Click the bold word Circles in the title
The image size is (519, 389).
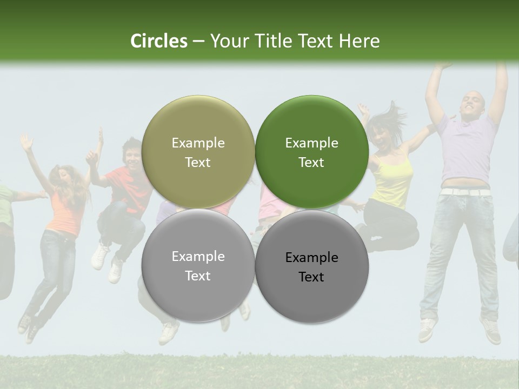(159, 41)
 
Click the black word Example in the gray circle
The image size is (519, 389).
(311, 258)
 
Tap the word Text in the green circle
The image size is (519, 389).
(311, 163)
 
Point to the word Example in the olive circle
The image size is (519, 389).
(198, 143)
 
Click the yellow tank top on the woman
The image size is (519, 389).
(393, 181)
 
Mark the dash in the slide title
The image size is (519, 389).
(198, 42)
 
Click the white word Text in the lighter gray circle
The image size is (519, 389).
(198, 276)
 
